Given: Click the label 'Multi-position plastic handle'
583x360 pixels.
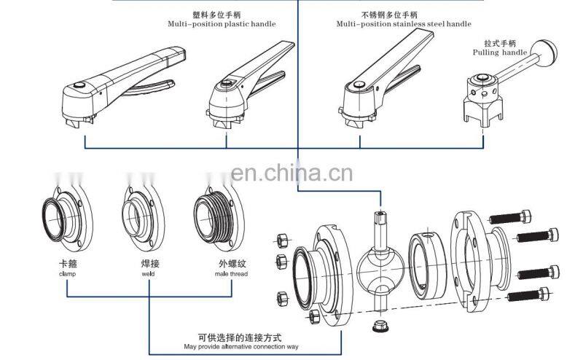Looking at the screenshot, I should pos(221,24).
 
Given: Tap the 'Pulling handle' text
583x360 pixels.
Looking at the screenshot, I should pos(499,53).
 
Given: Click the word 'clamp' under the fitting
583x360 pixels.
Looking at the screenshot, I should pos(67,275).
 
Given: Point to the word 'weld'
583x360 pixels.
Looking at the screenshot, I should pos(149,275).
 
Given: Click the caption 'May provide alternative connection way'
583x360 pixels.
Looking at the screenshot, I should pos(240,345).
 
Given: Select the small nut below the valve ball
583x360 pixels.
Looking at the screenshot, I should pos(380,326).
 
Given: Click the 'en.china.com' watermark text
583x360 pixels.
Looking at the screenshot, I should pos(291,173).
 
